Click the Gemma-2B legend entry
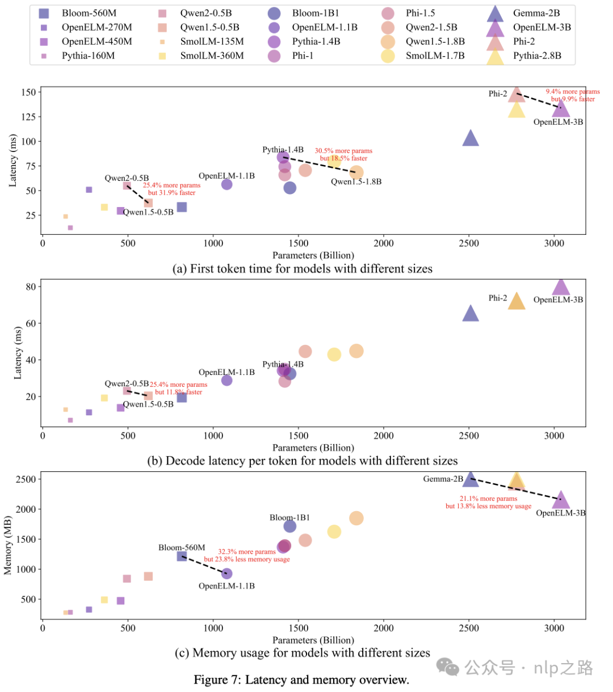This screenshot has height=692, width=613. (x=536, y=13)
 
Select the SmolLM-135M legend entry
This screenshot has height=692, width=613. (x=212, y=41)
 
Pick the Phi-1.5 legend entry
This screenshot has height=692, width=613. (x=420, y=13)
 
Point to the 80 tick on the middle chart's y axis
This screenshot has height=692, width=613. (x=31, y=286)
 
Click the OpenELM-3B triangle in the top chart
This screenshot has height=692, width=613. (x=561, y=108)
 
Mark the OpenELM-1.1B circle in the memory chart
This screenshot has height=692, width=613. (x=226, y=574)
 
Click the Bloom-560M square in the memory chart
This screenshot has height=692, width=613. (x=182, y=556)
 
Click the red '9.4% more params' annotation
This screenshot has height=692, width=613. (x=572, y=91)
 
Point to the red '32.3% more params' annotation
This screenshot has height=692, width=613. (x=247, y=552)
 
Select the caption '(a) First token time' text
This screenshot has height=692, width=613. (x=302, y=269)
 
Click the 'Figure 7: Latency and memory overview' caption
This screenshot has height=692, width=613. (x=301, y=680)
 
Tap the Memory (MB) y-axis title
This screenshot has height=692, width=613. (x=8, y=545)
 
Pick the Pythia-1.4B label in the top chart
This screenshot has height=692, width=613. (x=283, y=150)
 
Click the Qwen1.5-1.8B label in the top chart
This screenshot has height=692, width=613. (x=356, y=182)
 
